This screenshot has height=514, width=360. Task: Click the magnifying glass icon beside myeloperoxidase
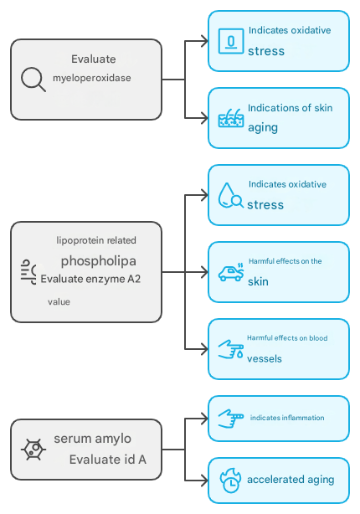tap(33, 80)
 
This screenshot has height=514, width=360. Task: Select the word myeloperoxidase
tap(92, 78)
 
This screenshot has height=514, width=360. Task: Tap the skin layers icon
tap(231, 118)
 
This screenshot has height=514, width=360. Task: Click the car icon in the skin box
tap(231, 272)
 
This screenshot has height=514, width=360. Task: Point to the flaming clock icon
tap(230, 481)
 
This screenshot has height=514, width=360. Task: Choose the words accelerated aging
tap(291, 480)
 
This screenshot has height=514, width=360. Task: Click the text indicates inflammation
tap(287, 418)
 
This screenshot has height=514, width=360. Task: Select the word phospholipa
tap(98, 261)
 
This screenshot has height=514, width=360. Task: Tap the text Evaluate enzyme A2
tap(90, 279)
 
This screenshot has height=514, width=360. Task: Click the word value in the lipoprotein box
tap(59, 302)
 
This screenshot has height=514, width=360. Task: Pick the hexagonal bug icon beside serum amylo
tap(33, 450)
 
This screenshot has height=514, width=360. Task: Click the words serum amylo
tap(92, 439)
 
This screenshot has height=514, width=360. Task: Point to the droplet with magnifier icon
tap(231, 195)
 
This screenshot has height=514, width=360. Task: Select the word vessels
tap(265, 358)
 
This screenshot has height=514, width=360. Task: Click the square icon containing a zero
tap(231, 41)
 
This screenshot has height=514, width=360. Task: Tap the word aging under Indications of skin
tap(263, 128)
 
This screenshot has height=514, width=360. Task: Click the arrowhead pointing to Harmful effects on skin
tap(204, 272)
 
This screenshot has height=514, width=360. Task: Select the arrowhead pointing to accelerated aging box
tap(204, 481)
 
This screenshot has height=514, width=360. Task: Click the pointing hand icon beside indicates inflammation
tap(231, 419)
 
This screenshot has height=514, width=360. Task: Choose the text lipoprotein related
tap(96, 240)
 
